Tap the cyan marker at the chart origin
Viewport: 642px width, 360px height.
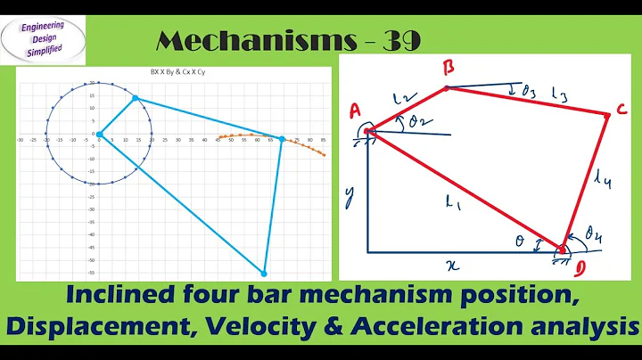[x=99, y=135]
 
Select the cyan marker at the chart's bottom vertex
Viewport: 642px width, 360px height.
[x=263, y=274]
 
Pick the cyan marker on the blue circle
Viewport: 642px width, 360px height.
[x=136, y=99]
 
